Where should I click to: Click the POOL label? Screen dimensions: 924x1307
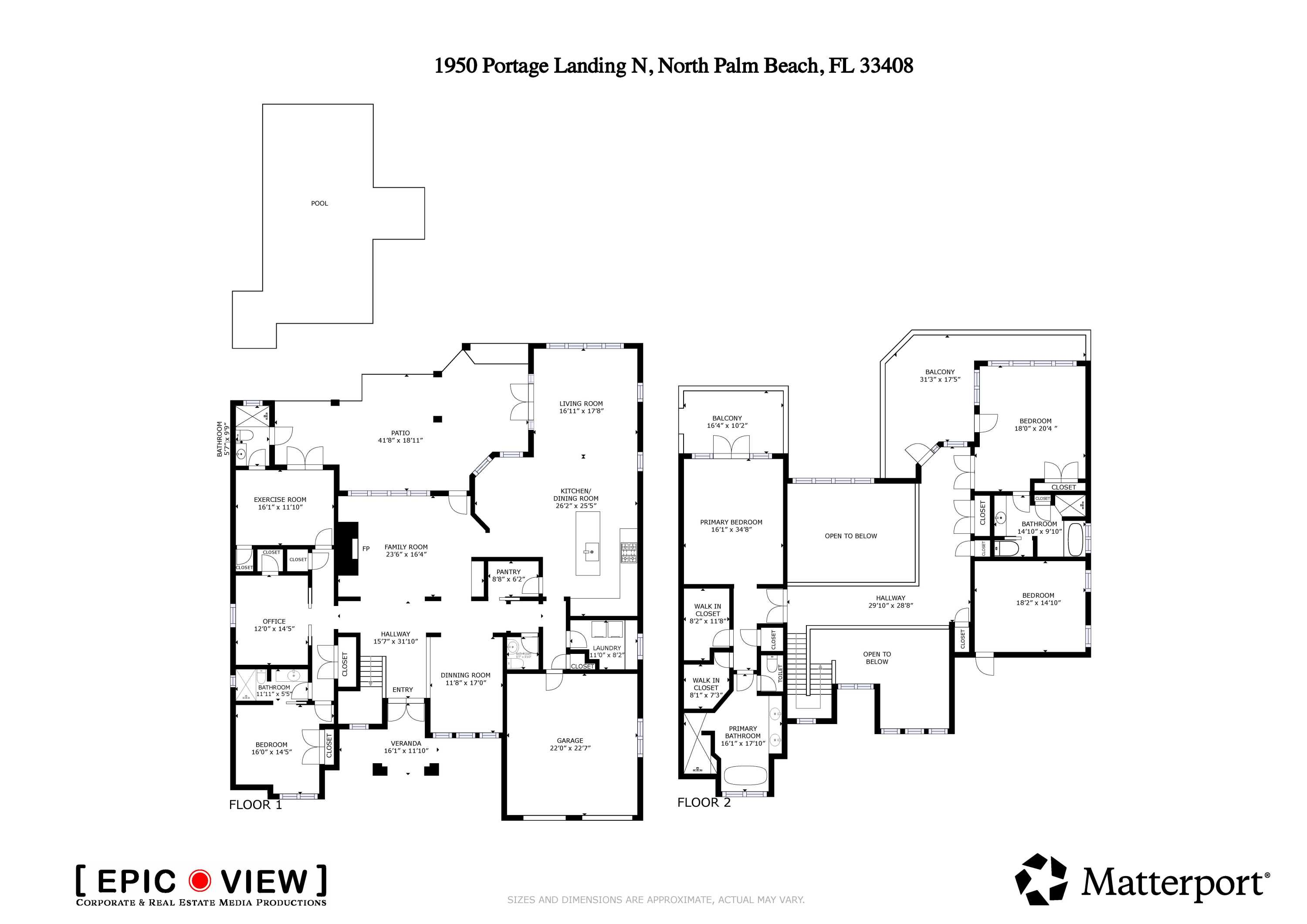pos(319,203)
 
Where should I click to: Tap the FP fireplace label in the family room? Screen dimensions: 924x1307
pos(366,549)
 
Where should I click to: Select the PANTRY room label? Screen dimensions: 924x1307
pos(508,572)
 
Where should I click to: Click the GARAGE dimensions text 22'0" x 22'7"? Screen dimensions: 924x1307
pos(570,748)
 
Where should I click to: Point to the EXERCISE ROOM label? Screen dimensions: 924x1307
pos(280,499)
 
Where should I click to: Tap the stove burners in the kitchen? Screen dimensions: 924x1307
pos(629,553)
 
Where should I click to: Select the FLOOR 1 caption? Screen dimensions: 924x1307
pos(255,805)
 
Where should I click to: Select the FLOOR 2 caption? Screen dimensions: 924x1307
pos(704,802)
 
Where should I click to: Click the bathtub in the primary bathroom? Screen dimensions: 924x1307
pos(745,776)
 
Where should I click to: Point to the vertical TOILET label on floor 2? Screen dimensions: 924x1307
pos(780,674)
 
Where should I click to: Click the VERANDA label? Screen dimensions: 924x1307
pos(406,743)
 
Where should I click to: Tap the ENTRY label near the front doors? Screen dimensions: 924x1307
pos(403,690)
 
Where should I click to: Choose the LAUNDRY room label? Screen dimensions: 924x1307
pos(607,648)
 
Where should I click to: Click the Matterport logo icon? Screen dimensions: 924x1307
pos(1041,879)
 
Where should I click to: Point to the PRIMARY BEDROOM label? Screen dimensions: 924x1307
pos(731,522)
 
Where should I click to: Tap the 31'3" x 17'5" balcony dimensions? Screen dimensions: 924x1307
pos(940,379)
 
